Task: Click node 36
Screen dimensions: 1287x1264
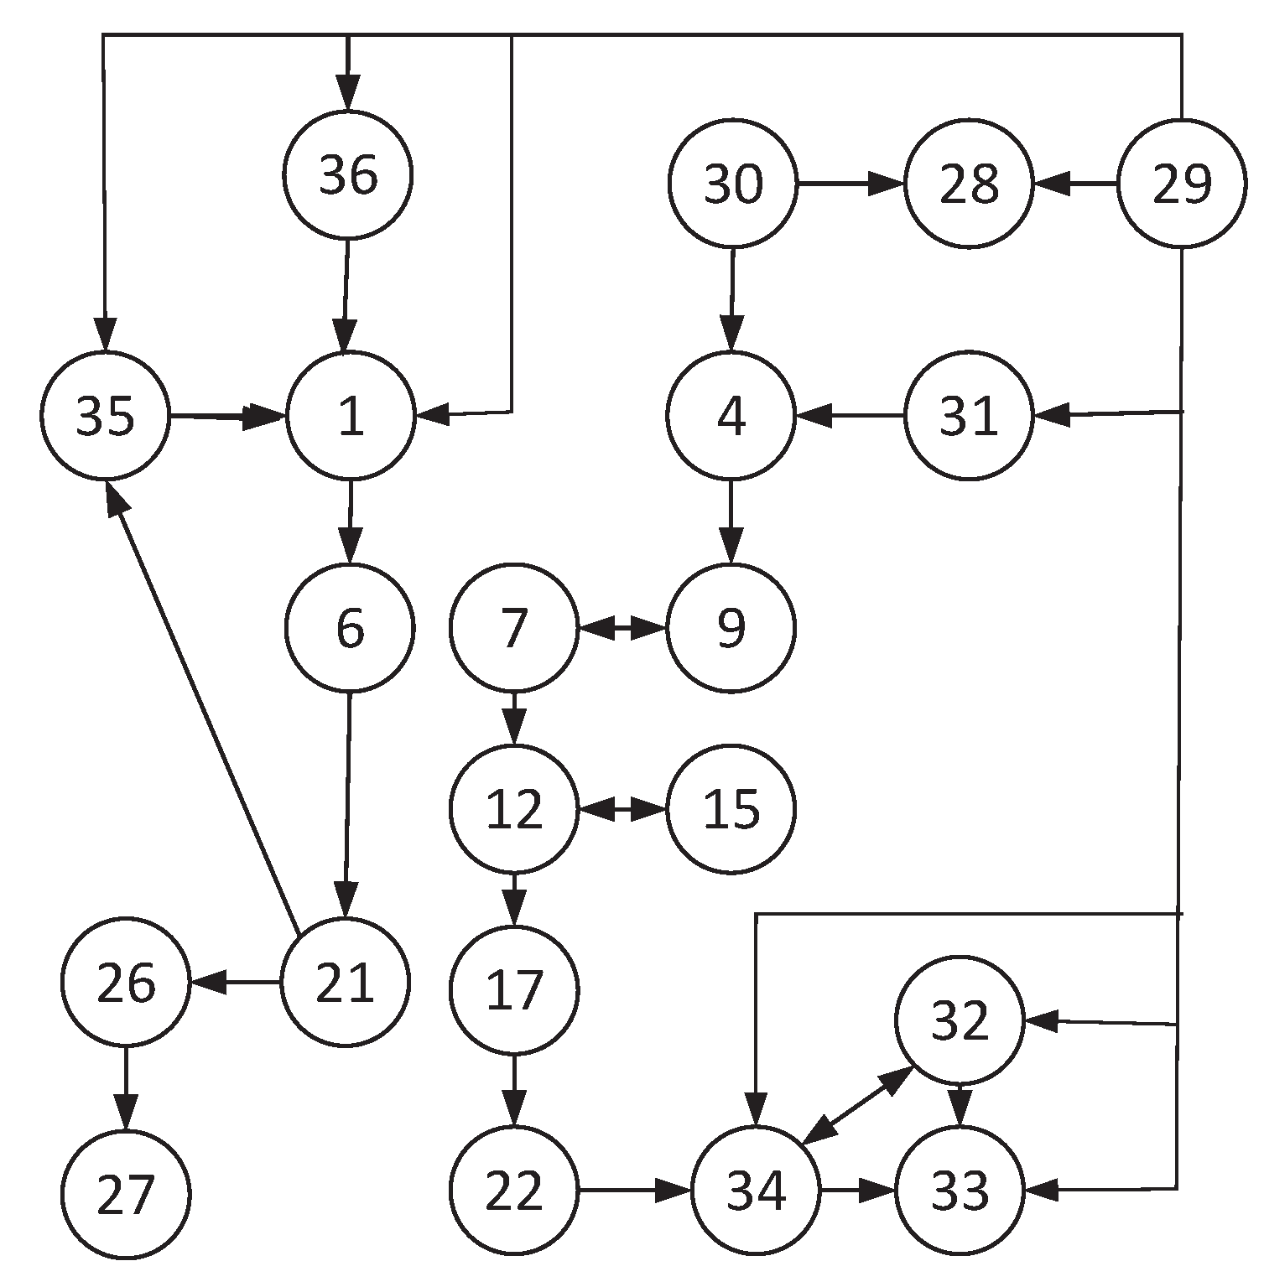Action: coord(348,175)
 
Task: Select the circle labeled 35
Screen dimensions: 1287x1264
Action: coord(106,415)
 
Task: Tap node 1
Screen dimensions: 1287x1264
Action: coord(351,415)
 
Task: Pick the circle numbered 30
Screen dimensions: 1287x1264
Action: coord(732,183)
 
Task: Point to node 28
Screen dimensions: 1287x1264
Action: coord(968,183)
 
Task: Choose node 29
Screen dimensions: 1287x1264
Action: coord(1182,183)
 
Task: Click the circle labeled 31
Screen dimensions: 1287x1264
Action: coord(968,415)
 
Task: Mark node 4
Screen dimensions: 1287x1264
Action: coord(731,415)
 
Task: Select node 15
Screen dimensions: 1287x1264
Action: coord(731,809)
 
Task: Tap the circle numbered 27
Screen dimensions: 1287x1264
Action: coord(126,1194)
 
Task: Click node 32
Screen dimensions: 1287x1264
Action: coord(960,1020)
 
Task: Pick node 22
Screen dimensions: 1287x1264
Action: coord(514,1189)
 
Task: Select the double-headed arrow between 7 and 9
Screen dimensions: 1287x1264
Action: coord(622,627)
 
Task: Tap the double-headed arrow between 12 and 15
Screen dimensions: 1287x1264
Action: coord(622,810)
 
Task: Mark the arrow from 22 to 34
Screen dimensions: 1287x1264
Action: coord(635,1189)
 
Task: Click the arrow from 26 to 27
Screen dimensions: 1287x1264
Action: coord(126,1087)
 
